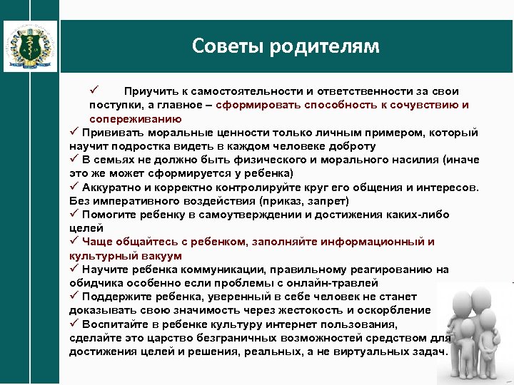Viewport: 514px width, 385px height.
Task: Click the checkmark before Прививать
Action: point(74,133)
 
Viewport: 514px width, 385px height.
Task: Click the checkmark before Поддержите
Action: point(74,296)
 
